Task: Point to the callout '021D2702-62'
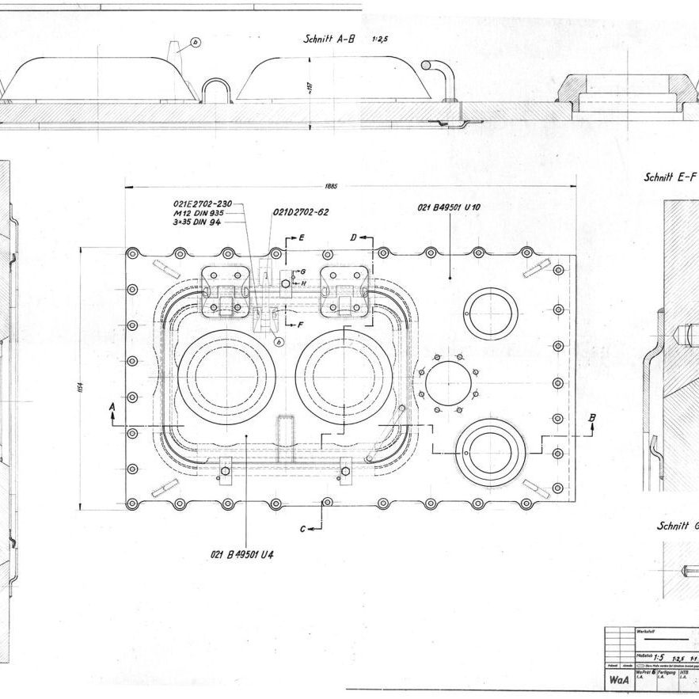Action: [x=301, y=212]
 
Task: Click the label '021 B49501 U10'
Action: [x=450, y=207]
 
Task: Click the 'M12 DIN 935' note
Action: [x=198, y=213]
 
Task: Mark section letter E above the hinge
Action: [x=300, y=237]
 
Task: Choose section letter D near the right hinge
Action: [x=354, y=237]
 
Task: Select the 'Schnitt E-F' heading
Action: [x=670, y=178]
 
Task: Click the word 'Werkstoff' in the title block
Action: [x=645, y=631]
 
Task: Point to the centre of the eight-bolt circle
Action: [x=449, y=384]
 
